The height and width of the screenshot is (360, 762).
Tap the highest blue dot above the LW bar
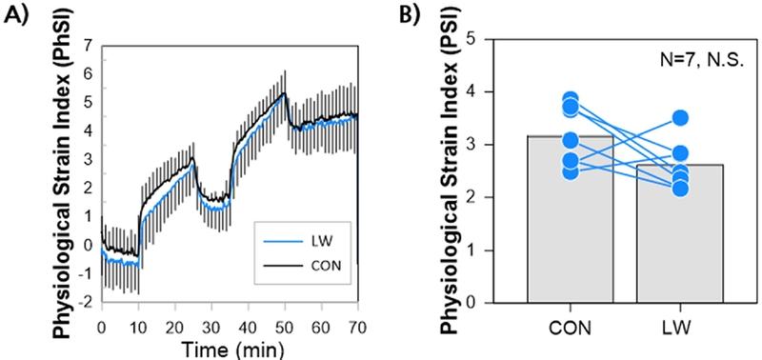pyautogui.click(x=679, y=118)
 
